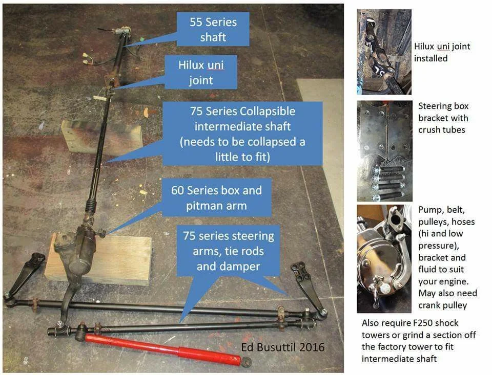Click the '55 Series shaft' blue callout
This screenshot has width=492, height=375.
(x=213, y=29)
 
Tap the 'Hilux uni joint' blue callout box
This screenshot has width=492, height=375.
(x=201, y=72)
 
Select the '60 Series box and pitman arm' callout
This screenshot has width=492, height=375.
(x=216, y=197)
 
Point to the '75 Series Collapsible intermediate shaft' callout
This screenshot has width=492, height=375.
(x=242, y=134)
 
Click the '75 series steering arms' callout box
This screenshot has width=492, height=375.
(x=229, y=251)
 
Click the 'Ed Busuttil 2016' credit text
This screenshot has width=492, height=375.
(x=283, y=347)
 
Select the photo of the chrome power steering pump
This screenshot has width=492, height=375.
(x=384, y=259)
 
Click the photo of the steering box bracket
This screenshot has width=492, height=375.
(x=384, y=151)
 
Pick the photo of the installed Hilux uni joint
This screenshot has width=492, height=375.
(x=384, y=52)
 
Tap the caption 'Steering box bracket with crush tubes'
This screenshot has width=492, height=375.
(x=443, y=118)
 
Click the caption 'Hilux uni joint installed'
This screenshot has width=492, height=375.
(x=442, y=52)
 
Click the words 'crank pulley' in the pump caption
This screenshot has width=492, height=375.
(x=442, y=305)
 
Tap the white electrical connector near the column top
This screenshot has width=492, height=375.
(x=86, y=59)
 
